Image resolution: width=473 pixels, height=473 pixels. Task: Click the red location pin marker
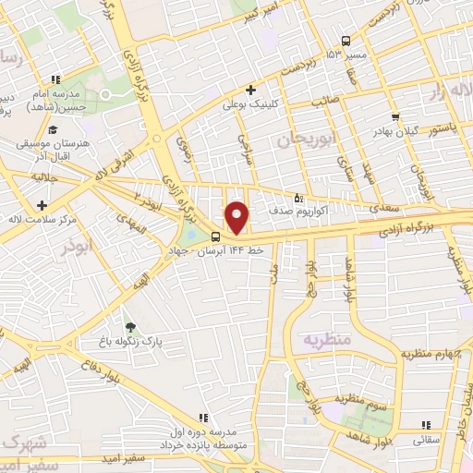coord(237,216)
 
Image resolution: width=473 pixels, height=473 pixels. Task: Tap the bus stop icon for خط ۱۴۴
coord(215,236)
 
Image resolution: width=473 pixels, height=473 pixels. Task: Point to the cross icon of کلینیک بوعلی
coord(250,91)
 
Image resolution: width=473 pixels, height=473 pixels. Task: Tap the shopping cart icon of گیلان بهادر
coord(395,117)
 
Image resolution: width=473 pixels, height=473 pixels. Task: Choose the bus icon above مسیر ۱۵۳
coord(346,41)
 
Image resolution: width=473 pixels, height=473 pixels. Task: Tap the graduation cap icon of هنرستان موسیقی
coord(53,129)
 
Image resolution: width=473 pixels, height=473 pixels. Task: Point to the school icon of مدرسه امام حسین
coord(55,80)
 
